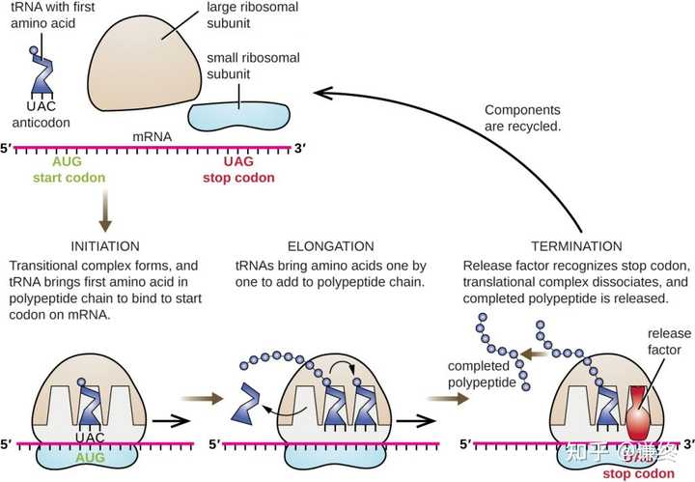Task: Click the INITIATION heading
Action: [105, 246]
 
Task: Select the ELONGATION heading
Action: [330, 246]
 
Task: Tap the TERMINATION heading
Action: [576, 246]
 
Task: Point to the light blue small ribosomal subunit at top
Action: [237, 112]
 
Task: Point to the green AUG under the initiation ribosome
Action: [89, 455]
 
